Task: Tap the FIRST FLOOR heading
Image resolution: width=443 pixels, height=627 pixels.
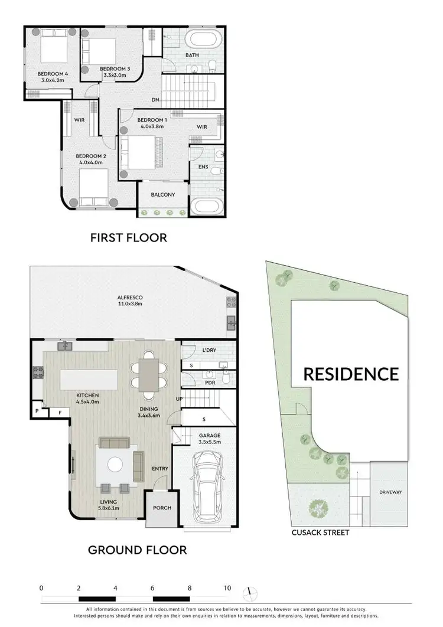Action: [x=128, y=238]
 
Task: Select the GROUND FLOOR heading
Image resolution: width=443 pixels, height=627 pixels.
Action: [x=137, y=550]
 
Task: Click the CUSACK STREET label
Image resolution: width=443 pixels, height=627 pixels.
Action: [x=320, y=533]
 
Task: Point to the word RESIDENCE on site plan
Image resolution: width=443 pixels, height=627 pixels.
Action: [x=351, y=374]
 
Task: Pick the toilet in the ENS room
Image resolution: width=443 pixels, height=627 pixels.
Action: [x=218, y=171]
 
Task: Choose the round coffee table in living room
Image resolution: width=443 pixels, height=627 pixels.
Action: [x=115, y=465]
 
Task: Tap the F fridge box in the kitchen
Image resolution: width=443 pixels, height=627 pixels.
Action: [x=59, y=412]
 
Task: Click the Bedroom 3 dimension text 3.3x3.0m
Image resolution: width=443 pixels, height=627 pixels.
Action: [x=115, y=76]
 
